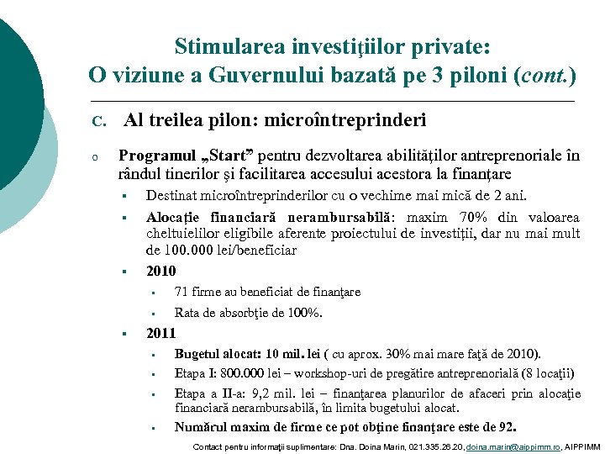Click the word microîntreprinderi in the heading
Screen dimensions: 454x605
point(345,120)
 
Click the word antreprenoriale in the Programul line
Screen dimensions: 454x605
point(510,156)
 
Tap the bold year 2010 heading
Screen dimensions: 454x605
point(161,271)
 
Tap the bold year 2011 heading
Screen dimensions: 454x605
point(161,333)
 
